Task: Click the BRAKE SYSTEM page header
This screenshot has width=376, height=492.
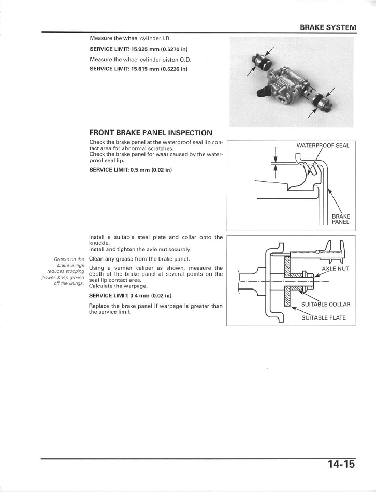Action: coord(328,27)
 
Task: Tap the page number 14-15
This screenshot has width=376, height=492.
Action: coord(341,464)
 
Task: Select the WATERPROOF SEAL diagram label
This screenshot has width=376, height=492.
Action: coord(323,145)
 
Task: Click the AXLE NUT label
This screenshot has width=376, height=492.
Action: coord(336,269)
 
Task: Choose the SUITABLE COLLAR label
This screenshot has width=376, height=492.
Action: coord(326,304)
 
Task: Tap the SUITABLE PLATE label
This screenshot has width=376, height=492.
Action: coord(323,317)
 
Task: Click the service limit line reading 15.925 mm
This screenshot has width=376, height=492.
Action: coord(138,49)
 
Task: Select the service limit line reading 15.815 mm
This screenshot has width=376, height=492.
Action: coord(138,68)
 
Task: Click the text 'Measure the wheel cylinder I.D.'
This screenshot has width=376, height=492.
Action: coord(130,38)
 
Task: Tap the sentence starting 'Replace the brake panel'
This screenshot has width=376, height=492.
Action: coord(155,309)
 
